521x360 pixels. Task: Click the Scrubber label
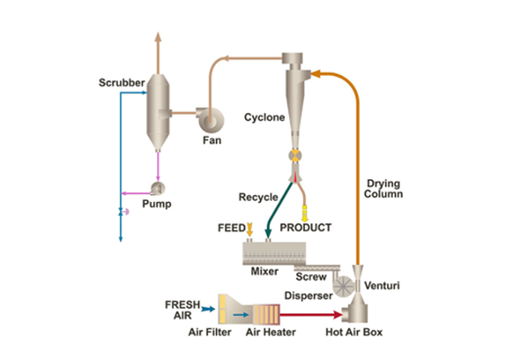point(122,83)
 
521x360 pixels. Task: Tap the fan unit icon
point(210,119)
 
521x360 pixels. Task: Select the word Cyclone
point(264,117)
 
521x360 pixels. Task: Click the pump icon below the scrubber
point(158,188)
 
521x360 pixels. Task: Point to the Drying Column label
point(383,189)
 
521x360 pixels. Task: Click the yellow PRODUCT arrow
point(304,214)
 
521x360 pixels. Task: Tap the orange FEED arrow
point(249,229)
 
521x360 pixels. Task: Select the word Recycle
point(258,197)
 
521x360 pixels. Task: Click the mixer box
point(274,253)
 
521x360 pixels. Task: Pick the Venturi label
point(382,286)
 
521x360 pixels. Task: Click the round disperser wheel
point(344,286)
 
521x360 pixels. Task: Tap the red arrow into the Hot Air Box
point(310,314)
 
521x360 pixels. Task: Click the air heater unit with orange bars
point(266,314)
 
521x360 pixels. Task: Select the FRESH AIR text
point(182,310)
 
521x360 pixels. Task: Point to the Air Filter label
point(210,332)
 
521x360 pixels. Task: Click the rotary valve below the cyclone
point(294,155)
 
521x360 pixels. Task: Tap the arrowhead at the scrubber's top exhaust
point(158,36)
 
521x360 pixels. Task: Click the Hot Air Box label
point(354,332)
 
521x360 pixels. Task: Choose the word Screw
point(311,277)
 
